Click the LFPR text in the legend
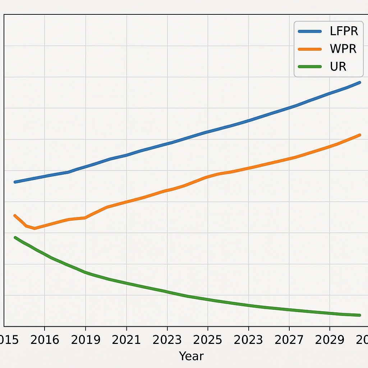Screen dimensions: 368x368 click(344, 31)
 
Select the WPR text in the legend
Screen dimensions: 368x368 click(343, 49)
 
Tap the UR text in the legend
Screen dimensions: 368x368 click(338, 66)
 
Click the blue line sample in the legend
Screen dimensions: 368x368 click(309, 31)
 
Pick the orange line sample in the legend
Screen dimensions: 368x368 click(309, 49)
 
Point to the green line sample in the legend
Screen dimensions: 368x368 click(309, 66)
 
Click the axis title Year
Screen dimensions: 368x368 click(191, 356)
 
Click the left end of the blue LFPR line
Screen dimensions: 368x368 click(15, 182)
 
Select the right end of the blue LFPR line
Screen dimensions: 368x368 click(359, 82)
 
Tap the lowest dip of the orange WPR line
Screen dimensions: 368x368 click(34, 229)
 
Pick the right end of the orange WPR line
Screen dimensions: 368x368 click(359, 135)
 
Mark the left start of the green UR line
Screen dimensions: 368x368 click(15, 237)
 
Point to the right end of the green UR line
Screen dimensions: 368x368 click(359, 315)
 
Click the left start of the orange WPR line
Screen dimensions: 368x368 click(15, 215)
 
